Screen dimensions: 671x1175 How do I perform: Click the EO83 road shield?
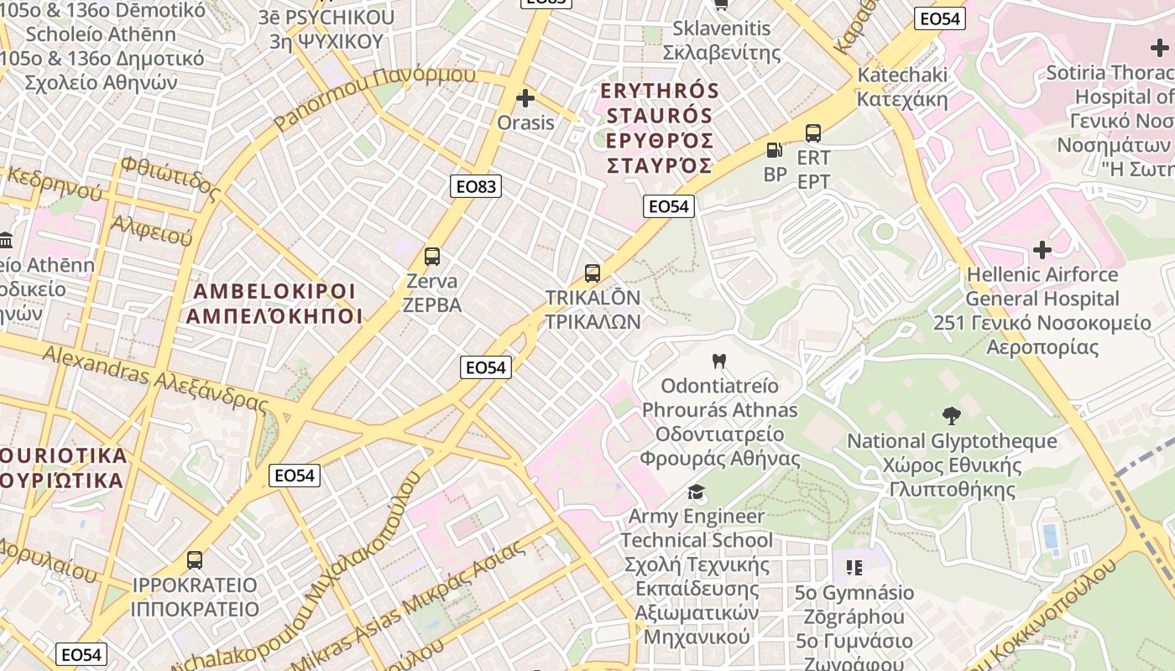point(475,186)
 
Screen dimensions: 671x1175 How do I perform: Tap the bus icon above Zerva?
point(432,257)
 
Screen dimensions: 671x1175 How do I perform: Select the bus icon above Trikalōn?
point(593,273)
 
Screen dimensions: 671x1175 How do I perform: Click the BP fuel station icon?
point(775,151)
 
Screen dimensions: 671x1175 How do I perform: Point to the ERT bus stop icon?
point(812,133)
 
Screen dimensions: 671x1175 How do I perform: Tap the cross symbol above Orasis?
point(525,99)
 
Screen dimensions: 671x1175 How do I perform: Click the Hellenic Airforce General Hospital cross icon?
point(1042,250)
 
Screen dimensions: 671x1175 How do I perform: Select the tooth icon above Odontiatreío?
point(718,362)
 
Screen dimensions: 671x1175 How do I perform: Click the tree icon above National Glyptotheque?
point(951,416)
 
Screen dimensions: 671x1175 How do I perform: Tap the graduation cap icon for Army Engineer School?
point(696,492)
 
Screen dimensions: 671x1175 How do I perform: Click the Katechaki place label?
point(902,87)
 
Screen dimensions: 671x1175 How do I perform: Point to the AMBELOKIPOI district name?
point(274,304)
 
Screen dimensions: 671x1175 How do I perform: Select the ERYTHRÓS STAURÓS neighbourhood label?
point(661,127)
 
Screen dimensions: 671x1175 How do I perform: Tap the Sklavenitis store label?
point(722,40)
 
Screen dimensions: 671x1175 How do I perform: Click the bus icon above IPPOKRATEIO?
point(195,559)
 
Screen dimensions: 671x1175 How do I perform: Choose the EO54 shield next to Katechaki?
point(941,18)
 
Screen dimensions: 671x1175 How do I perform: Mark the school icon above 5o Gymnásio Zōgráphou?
point(854,568)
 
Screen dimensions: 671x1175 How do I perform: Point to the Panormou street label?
point(374,95)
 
